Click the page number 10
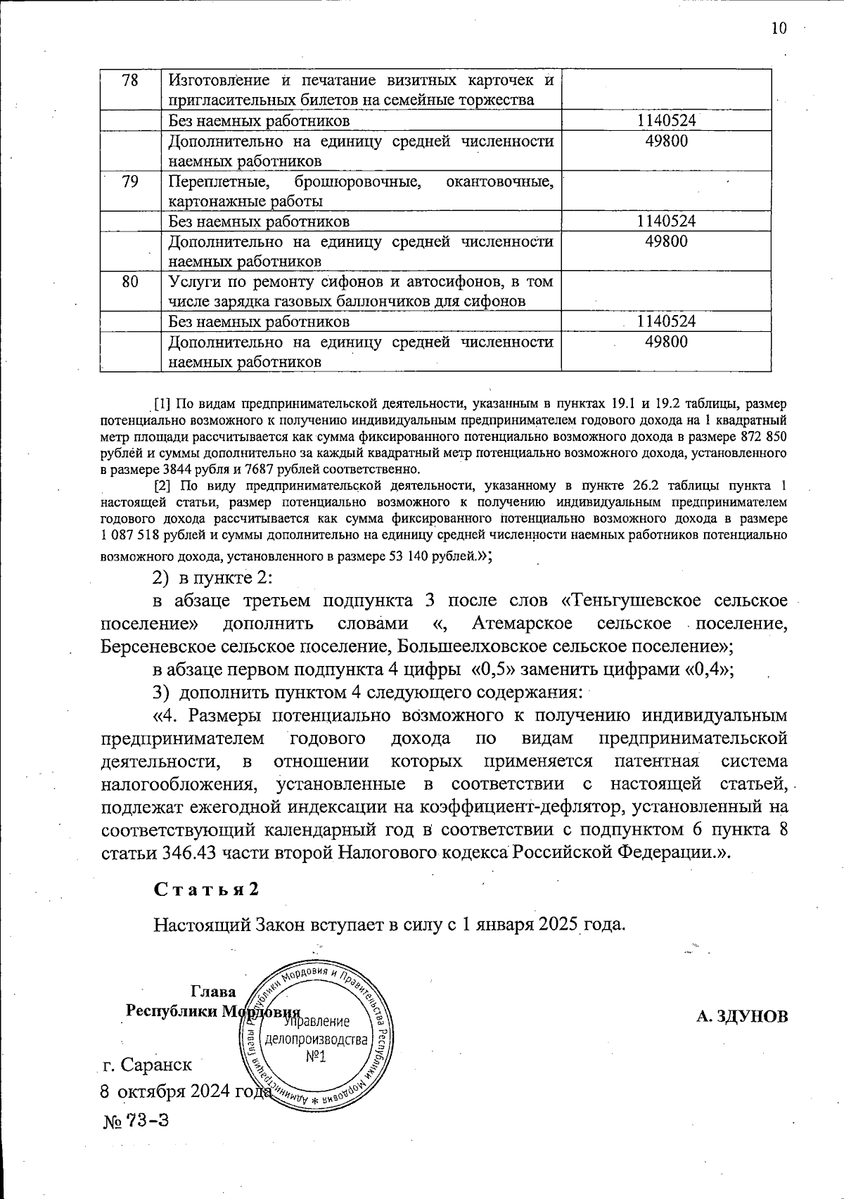pos(779,28)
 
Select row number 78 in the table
pos(130,80)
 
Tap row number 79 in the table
pos(130,181)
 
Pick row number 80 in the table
pos(130,282)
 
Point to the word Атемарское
pos(523,623)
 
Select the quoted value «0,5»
pos(490,669)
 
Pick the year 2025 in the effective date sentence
pos(558,923)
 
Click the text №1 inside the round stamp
pos(316,1057)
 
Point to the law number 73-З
pos(147,1120)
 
